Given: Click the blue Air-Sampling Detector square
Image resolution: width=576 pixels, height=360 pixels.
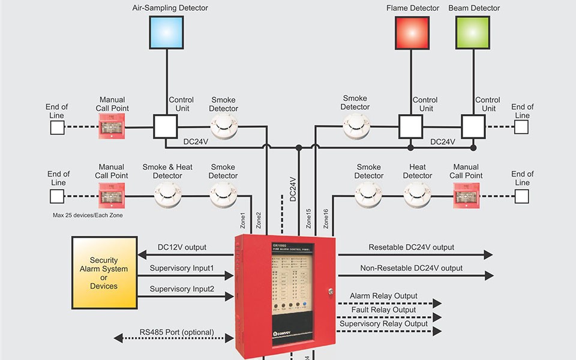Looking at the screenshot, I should (x=167, y=32).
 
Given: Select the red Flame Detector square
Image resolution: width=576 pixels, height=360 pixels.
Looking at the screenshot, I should (x=412, y=32).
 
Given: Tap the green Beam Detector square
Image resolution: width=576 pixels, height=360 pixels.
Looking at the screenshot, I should (x=473, y=32).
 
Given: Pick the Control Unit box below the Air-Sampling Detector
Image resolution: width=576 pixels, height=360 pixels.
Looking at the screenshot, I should (x=165, y=127).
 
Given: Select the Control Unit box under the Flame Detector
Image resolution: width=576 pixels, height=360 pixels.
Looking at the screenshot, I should (x=411, y=127).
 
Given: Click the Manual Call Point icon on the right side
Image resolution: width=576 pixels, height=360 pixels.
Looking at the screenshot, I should (x=466, y=195).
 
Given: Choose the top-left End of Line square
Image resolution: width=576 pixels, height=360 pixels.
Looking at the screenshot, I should (x=57, y=127).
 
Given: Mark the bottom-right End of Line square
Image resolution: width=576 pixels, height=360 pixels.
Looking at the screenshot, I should (x=521, y=196).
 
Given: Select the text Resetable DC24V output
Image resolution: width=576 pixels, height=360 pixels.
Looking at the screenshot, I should (x=411, y=247).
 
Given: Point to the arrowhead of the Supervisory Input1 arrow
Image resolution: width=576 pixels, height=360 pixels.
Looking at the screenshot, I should (x=229, y=275).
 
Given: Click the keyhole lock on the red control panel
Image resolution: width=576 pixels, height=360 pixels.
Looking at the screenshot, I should (x=329, y=292).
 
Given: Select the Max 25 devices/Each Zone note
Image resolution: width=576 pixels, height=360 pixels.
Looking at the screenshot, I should (x=88, y=215).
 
